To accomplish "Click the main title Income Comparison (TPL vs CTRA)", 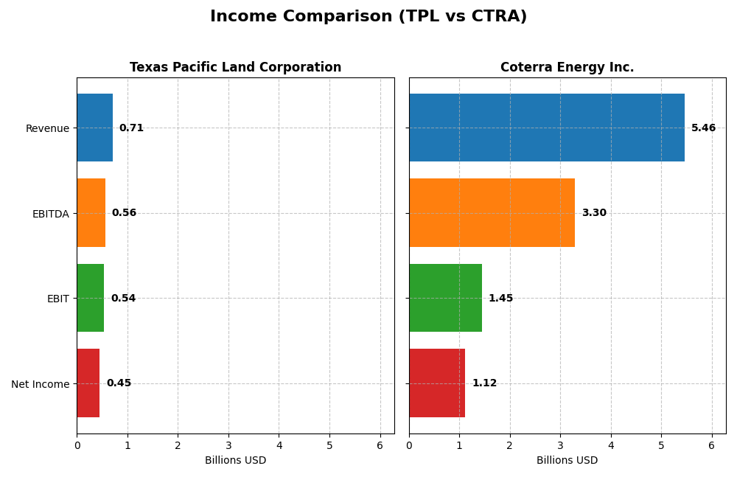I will [368, 16].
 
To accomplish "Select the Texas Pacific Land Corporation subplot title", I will [235, 67].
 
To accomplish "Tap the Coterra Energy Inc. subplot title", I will [567, 67].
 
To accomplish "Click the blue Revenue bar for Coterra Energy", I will [546, 128].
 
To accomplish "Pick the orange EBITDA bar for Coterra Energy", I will [492, 212].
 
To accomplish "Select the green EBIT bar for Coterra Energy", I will [445, 298].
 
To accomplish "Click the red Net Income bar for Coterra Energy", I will [437, 383].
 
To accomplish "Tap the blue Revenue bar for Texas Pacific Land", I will [94, 128].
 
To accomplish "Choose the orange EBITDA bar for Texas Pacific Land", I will [91, 212].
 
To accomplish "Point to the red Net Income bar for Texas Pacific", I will [88, 383].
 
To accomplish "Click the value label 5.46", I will [703, 128].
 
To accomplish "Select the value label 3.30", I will [593, 212].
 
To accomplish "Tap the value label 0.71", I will [131, 128].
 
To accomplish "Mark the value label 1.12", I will [484, 383].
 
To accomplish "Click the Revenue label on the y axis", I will [47, 128].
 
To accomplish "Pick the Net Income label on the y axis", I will [40, 383].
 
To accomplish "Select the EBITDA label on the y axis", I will [50, 214].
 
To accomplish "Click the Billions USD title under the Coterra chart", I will [567, 460].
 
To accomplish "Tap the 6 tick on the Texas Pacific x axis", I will [380, 445].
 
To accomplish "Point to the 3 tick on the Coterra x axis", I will [560, 445].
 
